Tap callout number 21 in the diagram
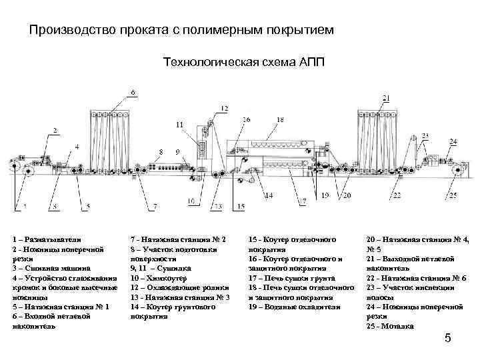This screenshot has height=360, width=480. click(x=385, y=99)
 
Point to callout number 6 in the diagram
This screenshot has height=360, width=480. click(x=133, y=91)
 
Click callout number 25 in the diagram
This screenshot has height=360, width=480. click(x=453, y=196)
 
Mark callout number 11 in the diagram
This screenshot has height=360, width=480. click(x=179, y=125)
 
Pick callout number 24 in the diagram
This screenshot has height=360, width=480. click(x=453, y=141)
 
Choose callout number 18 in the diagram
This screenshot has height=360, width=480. click(x=279, y=120)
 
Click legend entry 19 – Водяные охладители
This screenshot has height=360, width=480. click(x=294, y=307)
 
